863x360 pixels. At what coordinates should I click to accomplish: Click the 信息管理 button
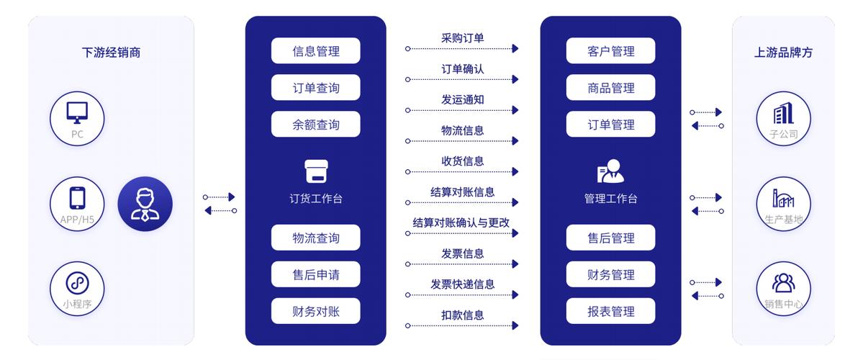click(x=315, y=50)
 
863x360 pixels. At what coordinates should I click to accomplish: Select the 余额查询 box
click(x=315, y=125)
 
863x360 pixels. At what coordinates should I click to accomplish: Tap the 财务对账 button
click(x=315, y=311)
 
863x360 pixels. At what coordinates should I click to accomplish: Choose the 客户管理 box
click(x=610, y=50)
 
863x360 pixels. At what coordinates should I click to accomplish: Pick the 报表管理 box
click(x=610, y=311)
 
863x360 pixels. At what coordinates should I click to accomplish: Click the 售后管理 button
click(x=610, y=238)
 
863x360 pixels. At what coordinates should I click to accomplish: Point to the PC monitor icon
click(x=77, y=112)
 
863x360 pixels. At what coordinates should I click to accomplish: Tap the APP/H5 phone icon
click(x=77, y=198)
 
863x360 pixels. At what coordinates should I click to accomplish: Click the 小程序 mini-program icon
click(x=77, y=284)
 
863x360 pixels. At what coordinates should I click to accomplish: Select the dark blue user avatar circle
click(x=145, y=204)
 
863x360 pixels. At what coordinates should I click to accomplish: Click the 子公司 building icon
click(x=784, y=113)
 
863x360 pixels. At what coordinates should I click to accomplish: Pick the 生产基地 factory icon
click(x=783, y=198)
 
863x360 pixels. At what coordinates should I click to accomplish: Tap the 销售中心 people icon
click(x=784, y=283)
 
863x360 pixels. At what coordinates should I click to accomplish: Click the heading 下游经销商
click(x=111, y=53)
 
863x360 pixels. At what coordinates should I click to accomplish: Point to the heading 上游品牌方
click(x=783, y=53)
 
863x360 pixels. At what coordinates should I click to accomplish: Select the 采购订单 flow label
click(x=462, y=38)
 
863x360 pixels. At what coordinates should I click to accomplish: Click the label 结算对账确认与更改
click(x=461, y=222)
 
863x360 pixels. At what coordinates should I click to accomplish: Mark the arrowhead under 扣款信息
click(x=515, y=325)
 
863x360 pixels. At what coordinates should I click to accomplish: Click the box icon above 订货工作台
click(x=317, y=171)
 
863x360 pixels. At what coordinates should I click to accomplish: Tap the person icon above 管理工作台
click(x=610, y=171)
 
